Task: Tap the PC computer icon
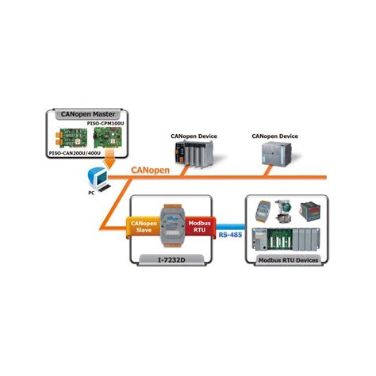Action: click(96, 177)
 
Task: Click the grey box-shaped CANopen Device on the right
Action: click(274, 154)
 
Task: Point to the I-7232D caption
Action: click(170, 259)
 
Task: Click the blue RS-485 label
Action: click(229, 236)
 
